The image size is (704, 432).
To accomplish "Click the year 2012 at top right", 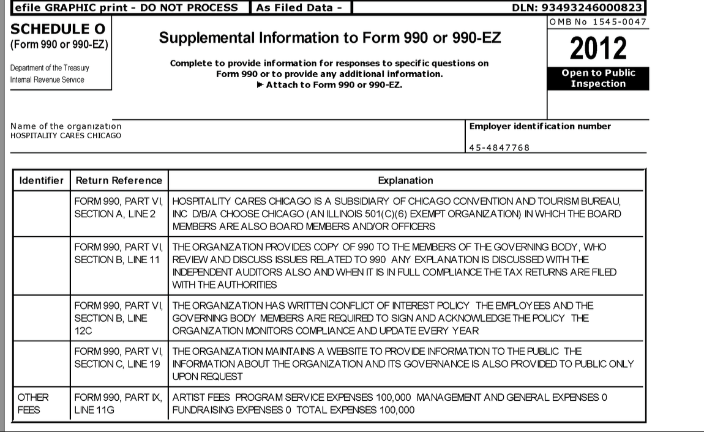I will [x=598, y=48].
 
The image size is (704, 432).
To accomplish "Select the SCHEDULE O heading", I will [x=58, y=29].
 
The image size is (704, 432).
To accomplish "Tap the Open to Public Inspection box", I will [x=598, y=78].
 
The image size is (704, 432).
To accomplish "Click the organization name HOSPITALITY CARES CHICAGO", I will [x=66, y=135].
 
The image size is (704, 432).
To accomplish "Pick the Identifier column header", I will [x=41, y=181].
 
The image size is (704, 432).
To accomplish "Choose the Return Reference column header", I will [x=119, y=181].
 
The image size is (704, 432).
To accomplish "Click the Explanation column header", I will [x=405, y=181].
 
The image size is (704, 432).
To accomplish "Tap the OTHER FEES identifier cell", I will [x=33, y=404].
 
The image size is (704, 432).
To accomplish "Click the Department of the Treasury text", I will [x=50, y=68].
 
